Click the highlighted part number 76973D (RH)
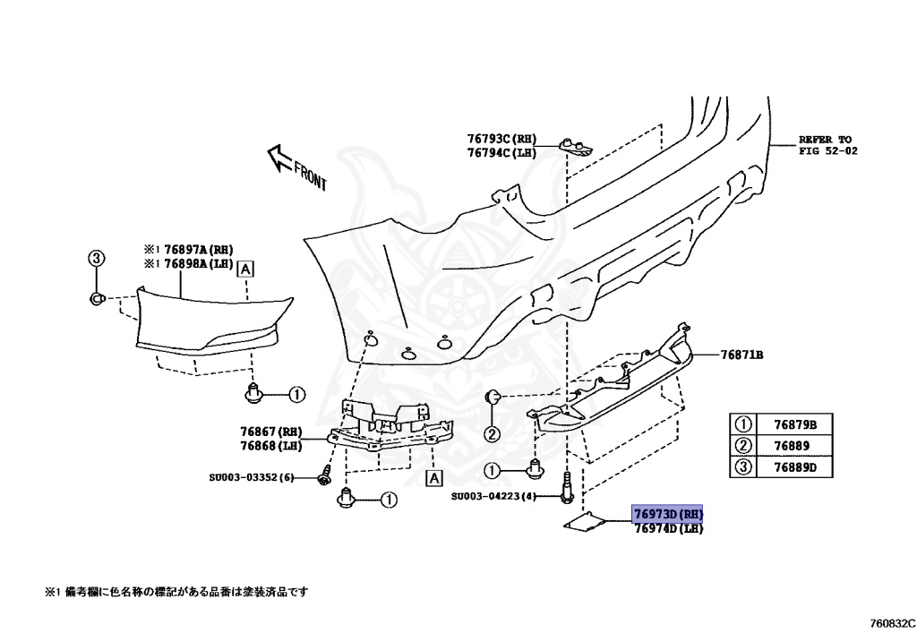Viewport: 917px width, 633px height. point(668,514)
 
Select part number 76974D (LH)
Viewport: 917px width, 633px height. point(668,528)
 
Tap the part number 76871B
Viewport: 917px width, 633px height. point(741,355)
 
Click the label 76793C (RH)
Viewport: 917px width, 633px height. point(501,139)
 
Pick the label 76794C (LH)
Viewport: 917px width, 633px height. point(501,153)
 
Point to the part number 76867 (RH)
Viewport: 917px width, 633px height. point(271,432)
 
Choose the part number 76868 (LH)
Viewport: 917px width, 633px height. point(271,445)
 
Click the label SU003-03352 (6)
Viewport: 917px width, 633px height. point(250,477)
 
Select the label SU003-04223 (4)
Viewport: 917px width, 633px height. point(493,496)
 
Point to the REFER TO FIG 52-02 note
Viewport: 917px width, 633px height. point(827,145)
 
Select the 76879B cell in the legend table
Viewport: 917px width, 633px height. point(783,424)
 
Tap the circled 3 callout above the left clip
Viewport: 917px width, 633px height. point(97,259)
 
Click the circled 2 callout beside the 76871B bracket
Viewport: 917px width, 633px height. point(492,435)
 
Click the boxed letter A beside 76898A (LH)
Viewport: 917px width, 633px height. point(244,267)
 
